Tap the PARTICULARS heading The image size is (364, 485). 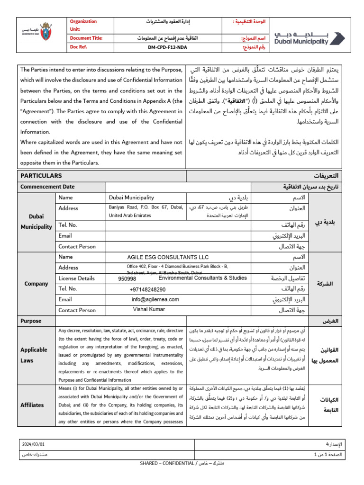[41, 176]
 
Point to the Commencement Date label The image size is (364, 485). [47, 187]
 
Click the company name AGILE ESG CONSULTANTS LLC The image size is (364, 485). [168, 257]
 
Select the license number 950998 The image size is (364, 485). [127, 279]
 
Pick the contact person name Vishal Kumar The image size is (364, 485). [149, 309]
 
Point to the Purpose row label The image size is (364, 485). [31, 321]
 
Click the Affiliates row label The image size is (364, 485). [32, 405]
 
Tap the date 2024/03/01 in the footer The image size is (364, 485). [34, 444]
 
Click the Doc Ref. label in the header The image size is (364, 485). [80, 48]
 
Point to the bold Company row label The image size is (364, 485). [36, 284]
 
